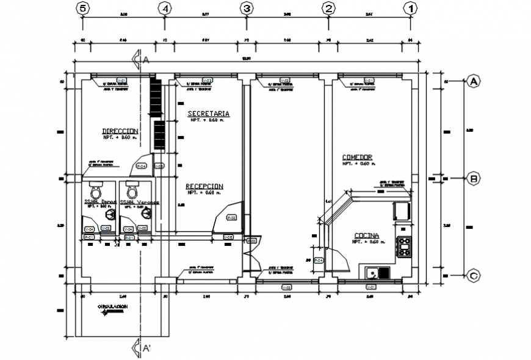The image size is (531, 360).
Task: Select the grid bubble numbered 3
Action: (246, 8)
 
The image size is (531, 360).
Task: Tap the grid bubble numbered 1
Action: (411, 8)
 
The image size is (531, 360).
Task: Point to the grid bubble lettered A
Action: (474, 81)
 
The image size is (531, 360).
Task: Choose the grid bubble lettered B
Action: (474, 179)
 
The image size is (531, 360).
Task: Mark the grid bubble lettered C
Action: (474, 276)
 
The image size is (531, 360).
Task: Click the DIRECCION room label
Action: (120, 131)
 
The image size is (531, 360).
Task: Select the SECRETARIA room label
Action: (208, 113)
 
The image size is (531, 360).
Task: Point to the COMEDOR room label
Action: (357, 157)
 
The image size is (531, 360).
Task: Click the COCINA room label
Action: (366, 236)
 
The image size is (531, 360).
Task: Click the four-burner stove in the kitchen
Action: (405, 247)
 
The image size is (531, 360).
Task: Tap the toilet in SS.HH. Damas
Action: (95, 185)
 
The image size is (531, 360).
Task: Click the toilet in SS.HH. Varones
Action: (132, 185)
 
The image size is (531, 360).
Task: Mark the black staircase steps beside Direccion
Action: (158, 116)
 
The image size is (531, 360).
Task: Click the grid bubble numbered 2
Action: (329, 8)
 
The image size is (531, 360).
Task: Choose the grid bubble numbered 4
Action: (164, 8)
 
